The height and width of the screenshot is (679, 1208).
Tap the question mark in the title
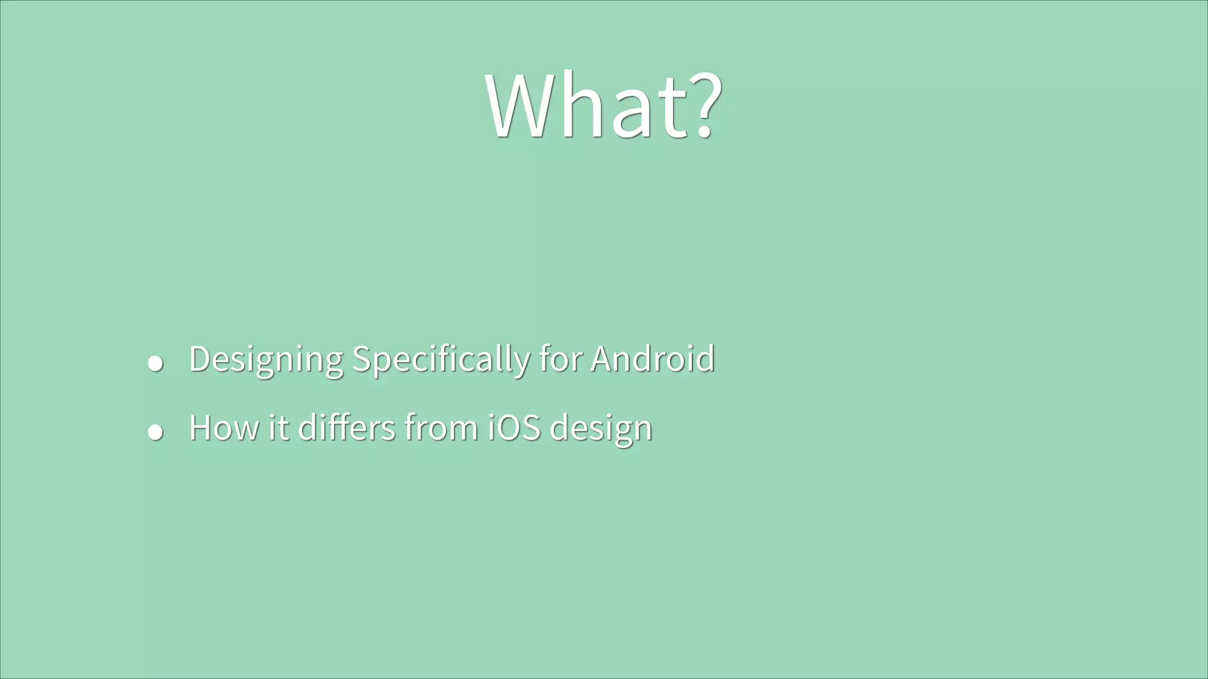(x=703, y=106)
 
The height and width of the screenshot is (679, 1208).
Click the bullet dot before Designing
(x=155, y=363)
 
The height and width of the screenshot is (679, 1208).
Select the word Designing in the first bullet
(x=266, y=359)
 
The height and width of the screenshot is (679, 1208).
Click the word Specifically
(x=441, y=359)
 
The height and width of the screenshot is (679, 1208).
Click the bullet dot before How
(x=155, y=432)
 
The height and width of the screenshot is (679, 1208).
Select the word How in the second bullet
(x=224, y=427)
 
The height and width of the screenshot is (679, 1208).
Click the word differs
(x=347, y=427)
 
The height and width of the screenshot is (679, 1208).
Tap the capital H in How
(x=201, y=427)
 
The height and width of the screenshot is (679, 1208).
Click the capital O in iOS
(x=508, y=427)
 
